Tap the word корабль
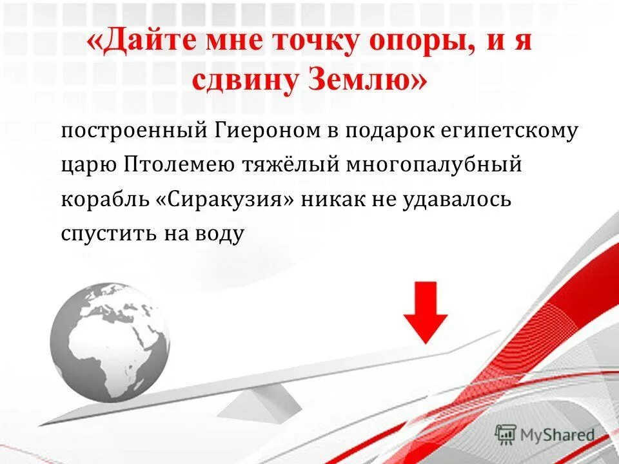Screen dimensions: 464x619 click(104, 199)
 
